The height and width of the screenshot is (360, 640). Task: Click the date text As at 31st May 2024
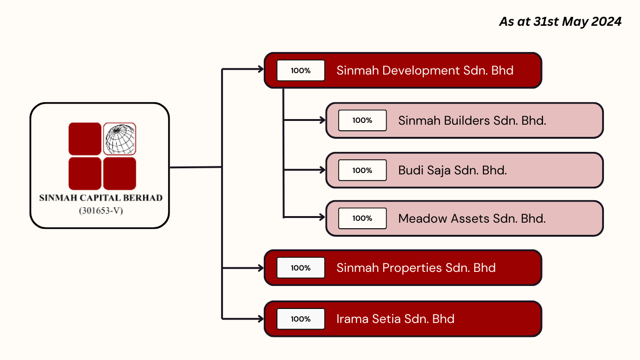coord(560,22)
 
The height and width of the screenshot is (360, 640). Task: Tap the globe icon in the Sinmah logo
coord(120,139)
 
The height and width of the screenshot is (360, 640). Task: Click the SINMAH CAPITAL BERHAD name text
coord(101,198)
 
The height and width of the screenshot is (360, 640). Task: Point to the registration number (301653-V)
coord(101,211)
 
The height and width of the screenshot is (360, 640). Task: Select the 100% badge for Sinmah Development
coord(301,70)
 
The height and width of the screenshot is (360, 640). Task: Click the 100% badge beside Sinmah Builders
coord(362,120)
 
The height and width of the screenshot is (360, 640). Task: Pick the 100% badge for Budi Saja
coord(362,170)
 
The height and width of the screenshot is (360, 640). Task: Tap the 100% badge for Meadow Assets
coord(362,218)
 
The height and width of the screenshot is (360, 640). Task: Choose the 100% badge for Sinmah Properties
coord(301,268)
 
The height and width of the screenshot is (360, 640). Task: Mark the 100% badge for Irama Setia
coord(301,319)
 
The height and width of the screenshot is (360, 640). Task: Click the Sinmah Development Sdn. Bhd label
coord(425,70)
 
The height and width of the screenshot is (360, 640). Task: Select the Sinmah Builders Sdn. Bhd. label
coord(472,120)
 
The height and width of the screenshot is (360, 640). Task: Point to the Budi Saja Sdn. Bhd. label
coord(453,171)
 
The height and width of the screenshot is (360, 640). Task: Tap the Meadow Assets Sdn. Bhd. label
coord(472,218)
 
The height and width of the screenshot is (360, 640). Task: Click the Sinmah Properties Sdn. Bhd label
coord(416,268)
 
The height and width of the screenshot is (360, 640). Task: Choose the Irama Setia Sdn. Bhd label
coord(395,319)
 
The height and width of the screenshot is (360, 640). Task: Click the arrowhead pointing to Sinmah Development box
coord(261,69)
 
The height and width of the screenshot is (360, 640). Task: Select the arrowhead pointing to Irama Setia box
coord(261,319)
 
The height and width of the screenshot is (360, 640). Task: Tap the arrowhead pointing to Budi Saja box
coord(322,170)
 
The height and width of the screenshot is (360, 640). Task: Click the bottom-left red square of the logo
coord(85,173)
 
